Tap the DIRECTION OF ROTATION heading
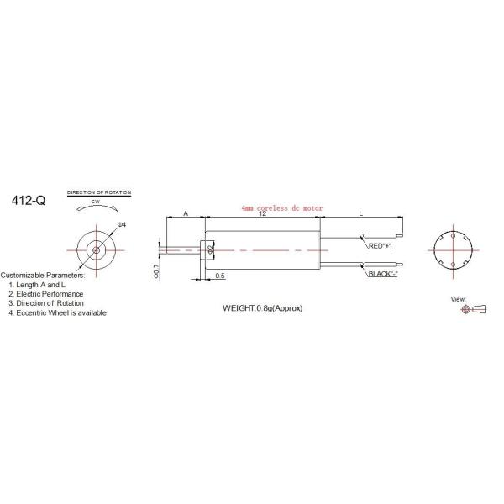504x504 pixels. click(99, 193)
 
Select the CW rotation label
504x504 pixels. click(97, 202)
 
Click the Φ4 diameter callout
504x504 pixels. click(123, 224)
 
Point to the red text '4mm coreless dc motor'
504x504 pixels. click(281, 207)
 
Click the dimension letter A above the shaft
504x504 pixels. click(186, 215)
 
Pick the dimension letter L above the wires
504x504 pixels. click(361, 215)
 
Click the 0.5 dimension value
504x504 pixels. click(220, 276)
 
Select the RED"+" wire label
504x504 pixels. click(381, 247)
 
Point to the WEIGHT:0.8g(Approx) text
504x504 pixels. click(262, 308)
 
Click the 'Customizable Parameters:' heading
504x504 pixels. click(42, 276)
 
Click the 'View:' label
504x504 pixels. click(458, 299)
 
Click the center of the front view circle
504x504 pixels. click(97, 249)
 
